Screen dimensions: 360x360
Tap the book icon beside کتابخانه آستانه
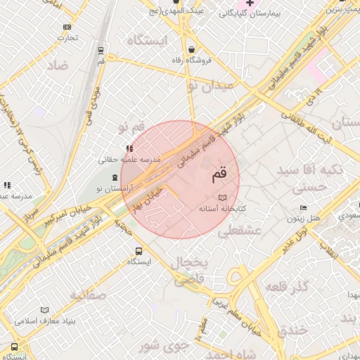pyautogui.click(x=223, y=198)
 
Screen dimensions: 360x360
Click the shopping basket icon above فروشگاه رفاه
pyautogui.click(x=193, y=49)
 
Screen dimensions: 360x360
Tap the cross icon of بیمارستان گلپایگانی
pyautogui.click(x=250, y=4)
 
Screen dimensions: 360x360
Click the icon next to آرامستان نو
pyautogui.click(x=115, y=177)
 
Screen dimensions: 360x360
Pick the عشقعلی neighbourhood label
pyautogui.click(x=240, y=231)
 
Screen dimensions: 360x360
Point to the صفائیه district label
pyautogui.click(x=88, y=295)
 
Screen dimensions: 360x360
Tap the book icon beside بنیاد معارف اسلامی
pyautogui.click(x=45, y=310)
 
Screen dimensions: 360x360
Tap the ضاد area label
pyautogui.click(x=57, y=65)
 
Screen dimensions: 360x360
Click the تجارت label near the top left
pyautogui.click(x=67, y=37)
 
